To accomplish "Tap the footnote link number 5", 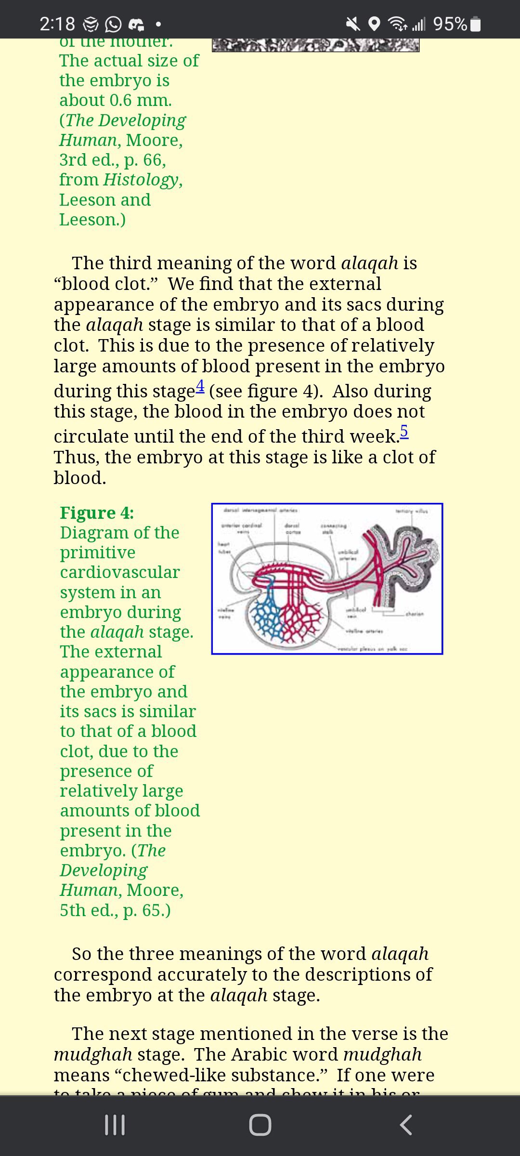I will [x=404, y=431].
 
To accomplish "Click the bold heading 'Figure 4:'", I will [x=97, y=512].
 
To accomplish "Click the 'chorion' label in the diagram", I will [x=414, y=614].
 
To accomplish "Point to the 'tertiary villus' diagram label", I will [x=411, y=511].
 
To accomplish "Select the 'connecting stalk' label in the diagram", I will [x=333, y=528].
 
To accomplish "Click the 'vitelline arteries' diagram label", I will [x=364, y=631].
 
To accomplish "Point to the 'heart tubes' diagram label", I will [x=224, y=547].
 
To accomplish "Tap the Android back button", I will [x=406, y=1125].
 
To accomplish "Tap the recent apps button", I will [x=115, y=1125].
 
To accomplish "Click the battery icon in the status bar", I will [x=475, y=24].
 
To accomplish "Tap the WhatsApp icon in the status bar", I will [x=113, y=24].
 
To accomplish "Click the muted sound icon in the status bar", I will [x=353, y=24].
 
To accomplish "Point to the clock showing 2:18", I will [x=57, y=24].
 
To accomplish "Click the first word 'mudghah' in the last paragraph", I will [x=93, y=1054].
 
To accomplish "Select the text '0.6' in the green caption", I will [x=120, y=100].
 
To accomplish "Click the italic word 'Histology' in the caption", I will [x=141, y=180].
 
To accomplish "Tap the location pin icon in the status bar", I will [x=374, y=24].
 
